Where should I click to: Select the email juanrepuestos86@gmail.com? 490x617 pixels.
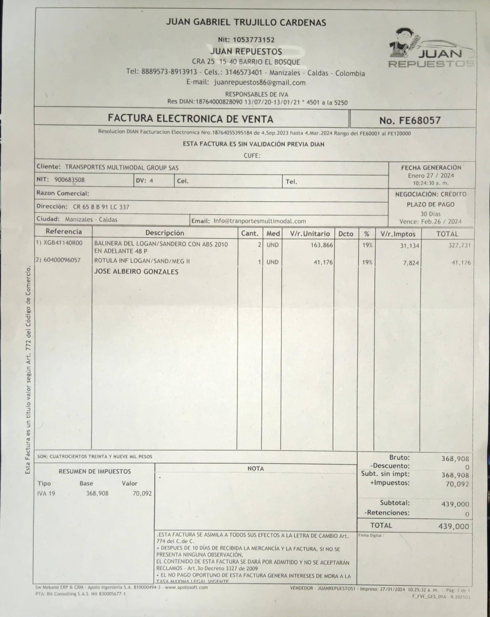pyautogui.click(x=260, y=83)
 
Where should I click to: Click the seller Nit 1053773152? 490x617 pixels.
pyautogui.click(x=253, y=40)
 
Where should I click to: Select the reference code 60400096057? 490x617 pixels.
pyautogui.click(x=62, y=260)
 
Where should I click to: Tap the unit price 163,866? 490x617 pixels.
pyautogui.click(x=322, y=245)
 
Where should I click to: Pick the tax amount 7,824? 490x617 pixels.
pyautogui.click(x=411, y=263)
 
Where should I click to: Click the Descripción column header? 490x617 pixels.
pyautogui.click(x=165, y=233)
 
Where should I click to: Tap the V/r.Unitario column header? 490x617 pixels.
pyautogui.click(x=310, y=233)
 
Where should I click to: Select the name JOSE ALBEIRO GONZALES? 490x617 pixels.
pyautogui.click(x=136, y=272)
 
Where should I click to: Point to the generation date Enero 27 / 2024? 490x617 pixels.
pyautogui.click(x=431, y=175)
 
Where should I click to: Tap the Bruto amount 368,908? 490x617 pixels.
pyautogui.click(x=455, y=458)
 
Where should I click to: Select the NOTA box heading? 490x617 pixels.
pyautogui.click(x=256, y=469)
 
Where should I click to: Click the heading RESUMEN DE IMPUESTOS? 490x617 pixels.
pyautogui.click(x=95, y=471)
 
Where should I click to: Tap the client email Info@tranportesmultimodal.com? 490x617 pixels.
pyautogui.click(x=260, y=221)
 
